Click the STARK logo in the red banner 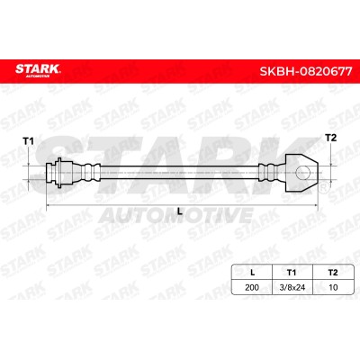(x=38, y=71)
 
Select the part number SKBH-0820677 (x=306, y=71)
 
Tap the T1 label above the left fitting (x=29, y=141)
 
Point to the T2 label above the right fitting (x=331, y=138)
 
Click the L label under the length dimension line (x=180, y=211)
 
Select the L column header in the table (x=252, y=273)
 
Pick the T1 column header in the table (x=292, y=273)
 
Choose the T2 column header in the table (x=333, y=273)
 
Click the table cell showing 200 (x=252, y=287)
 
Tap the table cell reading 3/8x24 (x=292, y=287)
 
